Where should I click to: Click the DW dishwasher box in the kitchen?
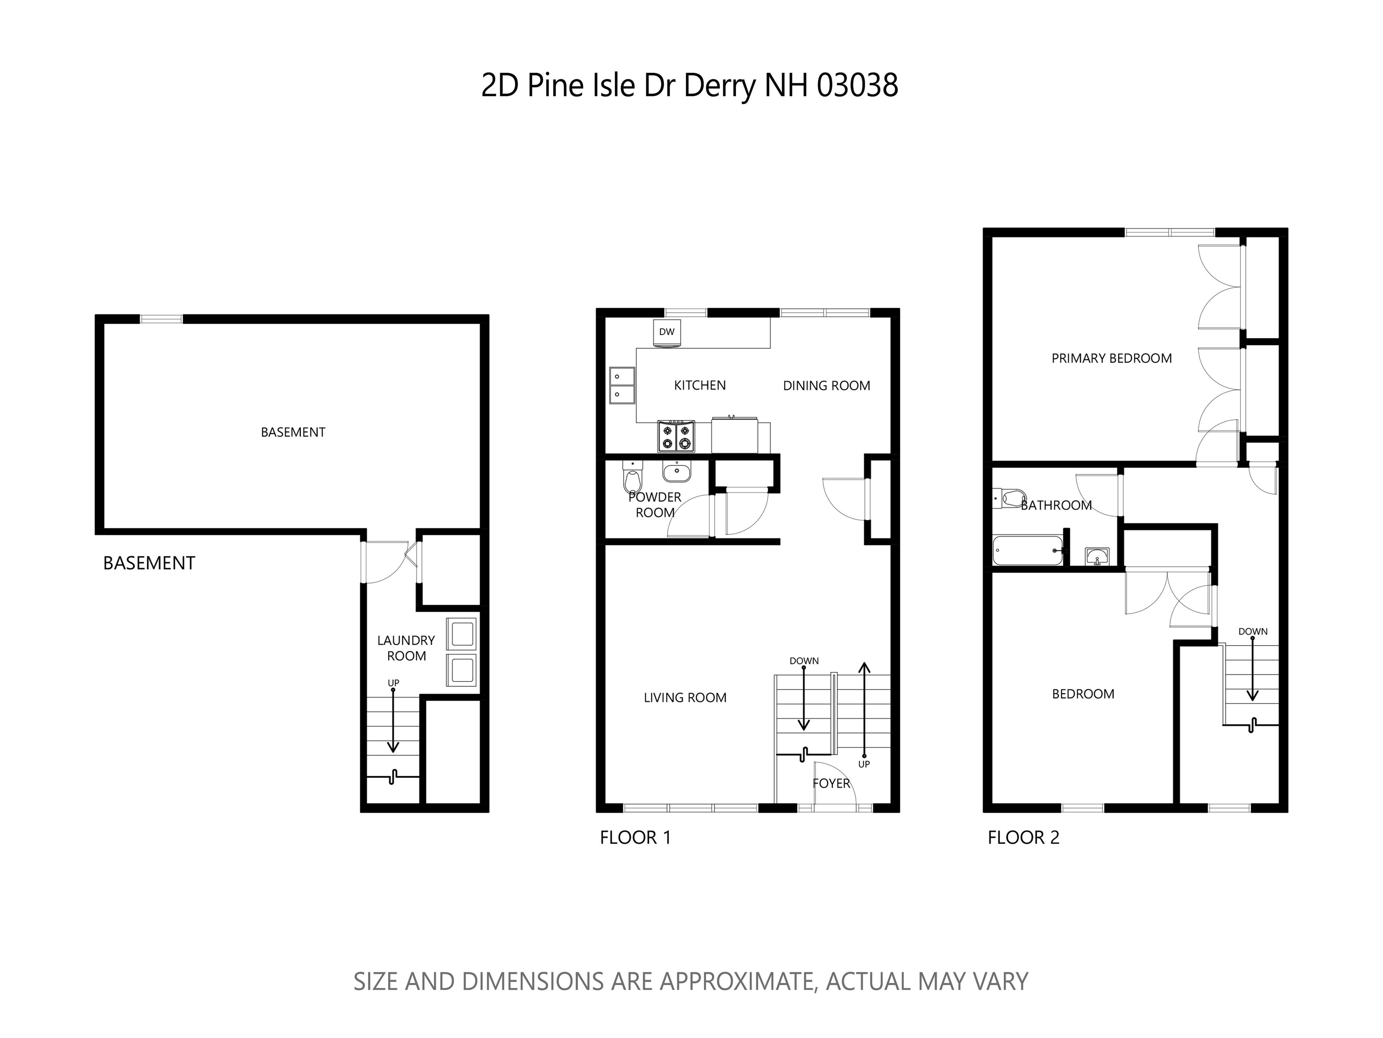667,332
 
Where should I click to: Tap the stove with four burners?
676,436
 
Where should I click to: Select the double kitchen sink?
621,385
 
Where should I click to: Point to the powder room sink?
676,472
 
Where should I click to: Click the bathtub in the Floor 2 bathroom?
1027,550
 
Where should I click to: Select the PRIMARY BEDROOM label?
1111,358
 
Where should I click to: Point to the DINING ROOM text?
826,386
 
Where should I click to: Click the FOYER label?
831,783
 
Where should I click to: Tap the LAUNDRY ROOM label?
406,648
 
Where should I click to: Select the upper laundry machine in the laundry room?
462,633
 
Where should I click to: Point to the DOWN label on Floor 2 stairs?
1252,632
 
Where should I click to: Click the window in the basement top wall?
161,319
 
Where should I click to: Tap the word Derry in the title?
720,86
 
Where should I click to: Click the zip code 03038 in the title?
857,86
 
